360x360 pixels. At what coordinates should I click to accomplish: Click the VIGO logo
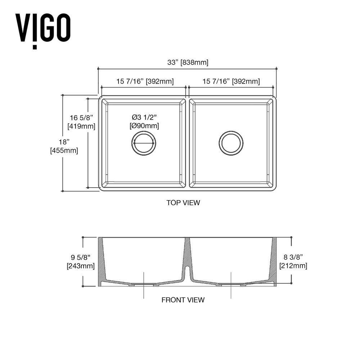click(42, 29)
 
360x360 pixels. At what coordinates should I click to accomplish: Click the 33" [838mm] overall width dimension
click(188, 62)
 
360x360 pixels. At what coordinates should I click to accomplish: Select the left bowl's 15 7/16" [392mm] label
click(145, 81)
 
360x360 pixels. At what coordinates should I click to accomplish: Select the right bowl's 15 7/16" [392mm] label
click(231, 81)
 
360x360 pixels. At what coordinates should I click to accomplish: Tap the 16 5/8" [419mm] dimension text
click(81, 122)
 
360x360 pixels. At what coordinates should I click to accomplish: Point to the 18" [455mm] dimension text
click(64, 146)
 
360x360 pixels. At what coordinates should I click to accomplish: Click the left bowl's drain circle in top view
click(144, 143)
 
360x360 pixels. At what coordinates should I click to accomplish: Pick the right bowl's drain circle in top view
click(231, 143)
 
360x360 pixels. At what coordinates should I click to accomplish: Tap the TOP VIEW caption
click(183, 203)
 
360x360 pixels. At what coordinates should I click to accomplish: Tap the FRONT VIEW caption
click(183, 300)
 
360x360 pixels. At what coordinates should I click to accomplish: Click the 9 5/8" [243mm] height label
click(81, 262)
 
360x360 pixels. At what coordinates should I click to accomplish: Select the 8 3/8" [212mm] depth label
click(293, 262)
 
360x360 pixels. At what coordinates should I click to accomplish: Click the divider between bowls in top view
click(188, 143)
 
